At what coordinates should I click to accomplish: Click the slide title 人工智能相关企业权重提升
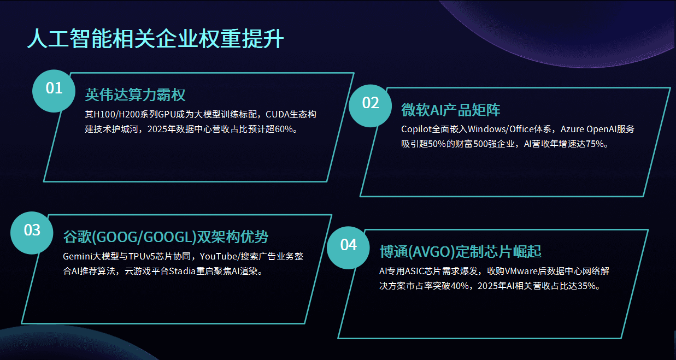tap(155, 39)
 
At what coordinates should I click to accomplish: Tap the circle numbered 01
tap(54, 91)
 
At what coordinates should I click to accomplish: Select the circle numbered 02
tap(371, 105)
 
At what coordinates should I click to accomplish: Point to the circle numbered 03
tap(32, 233)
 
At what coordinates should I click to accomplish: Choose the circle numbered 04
tap(348, 247)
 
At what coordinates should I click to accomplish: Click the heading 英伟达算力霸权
tap(135, 95)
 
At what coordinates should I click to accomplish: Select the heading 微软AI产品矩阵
tap(450, 110)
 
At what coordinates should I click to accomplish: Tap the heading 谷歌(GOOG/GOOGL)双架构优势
tap(166, 237)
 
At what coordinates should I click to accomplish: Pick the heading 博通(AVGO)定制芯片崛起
tap(460, 251)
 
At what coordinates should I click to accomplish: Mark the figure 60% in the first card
tap(284, 129)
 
